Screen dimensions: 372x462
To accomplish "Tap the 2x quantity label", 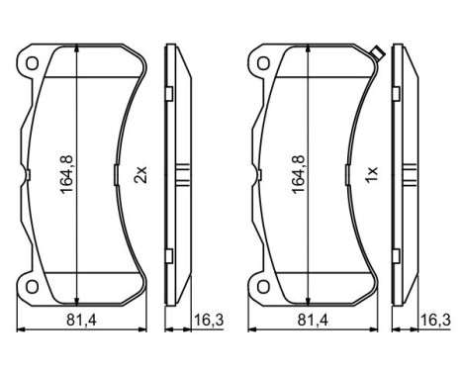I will click(140, 175).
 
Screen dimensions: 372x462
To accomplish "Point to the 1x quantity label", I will click(372, 175).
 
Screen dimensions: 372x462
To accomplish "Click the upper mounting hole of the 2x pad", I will click(33, 65).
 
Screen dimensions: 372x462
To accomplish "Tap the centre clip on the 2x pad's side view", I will click(183, 175).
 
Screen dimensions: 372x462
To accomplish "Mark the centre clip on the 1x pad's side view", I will click(413, 175).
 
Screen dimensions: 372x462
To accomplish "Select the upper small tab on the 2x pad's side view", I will click(169, 94).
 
